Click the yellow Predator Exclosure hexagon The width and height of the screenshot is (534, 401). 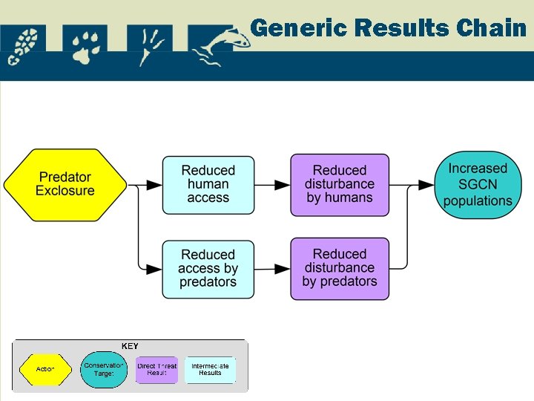66,184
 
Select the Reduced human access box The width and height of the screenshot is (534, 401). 208,184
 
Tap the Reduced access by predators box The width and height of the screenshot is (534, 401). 208,268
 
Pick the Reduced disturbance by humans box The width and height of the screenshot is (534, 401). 340,184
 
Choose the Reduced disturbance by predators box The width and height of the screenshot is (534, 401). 340,268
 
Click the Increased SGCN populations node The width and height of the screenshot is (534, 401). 478,185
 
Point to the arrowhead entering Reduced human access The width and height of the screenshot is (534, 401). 155,184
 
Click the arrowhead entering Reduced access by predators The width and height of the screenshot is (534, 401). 155,268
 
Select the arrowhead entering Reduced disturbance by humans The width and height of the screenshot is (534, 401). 283,184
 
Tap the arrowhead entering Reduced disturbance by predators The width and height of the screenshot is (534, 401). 283,268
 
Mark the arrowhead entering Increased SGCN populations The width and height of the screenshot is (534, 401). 427,184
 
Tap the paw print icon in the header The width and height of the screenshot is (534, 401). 86,46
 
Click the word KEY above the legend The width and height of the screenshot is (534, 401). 130,346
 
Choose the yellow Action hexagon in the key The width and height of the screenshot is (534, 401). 45,369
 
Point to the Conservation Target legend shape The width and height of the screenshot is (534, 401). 104,369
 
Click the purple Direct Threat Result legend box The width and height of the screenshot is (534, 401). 157,369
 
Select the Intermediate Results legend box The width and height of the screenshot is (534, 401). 210,369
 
